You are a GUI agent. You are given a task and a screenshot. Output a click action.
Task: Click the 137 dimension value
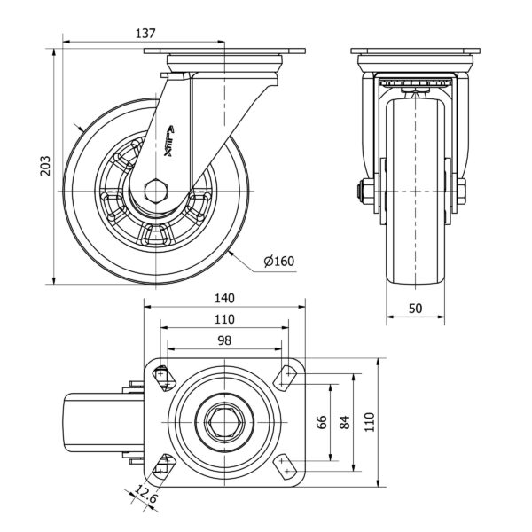(x=145, y=33)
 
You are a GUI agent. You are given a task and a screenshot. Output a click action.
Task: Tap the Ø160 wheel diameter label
(x=278, y=261)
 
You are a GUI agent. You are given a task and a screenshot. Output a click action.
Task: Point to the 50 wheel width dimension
(x=414, y=308)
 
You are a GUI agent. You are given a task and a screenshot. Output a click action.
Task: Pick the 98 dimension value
(x=223, y=340)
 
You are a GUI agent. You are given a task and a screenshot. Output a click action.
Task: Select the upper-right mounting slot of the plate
(x=286, y=377)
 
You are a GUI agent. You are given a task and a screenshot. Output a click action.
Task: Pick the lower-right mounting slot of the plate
(x=285, y=467)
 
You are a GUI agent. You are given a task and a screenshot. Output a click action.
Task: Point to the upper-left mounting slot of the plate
(x=161, y=377)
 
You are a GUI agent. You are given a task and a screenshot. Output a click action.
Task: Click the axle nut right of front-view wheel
(x=461, y=191)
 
